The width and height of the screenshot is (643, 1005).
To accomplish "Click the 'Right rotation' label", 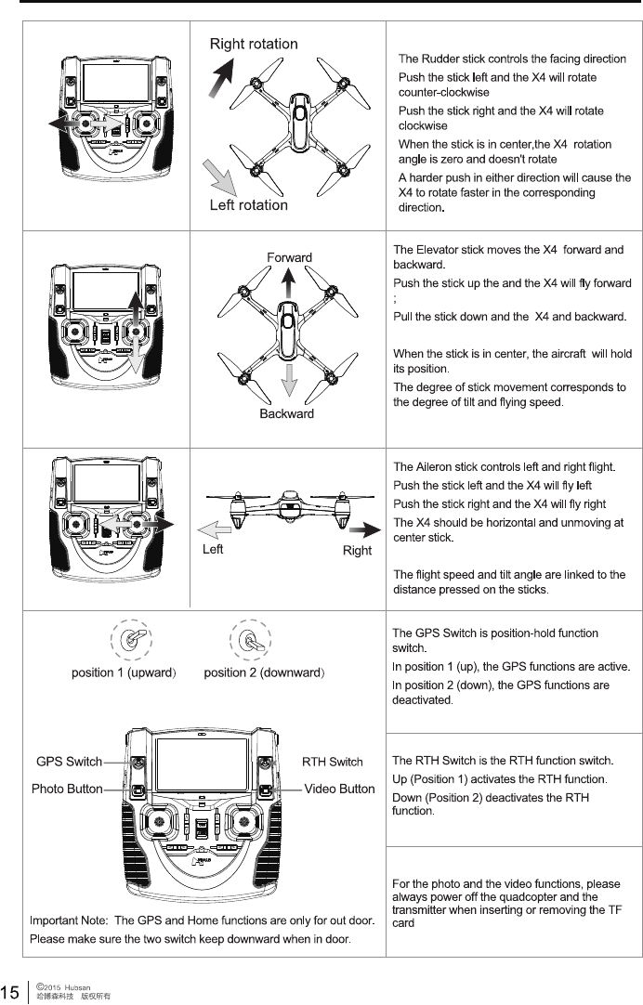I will [254, 44].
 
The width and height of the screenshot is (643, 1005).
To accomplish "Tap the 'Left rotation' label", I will [249, 204].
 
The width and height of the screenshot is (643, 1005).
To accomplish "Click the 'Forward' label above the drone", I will [289, 257].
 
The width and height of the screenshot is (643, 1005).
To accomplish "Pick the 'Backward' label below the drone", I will [286, 413].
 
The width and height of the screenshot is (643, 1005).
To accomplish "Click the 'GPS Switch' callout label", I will [69, 762].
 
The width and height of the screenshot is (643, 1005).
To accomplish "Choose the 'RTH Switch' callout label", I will [333, 762].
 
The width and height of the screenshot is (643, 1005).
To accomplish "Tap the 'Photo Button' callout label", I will [67, 789].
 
